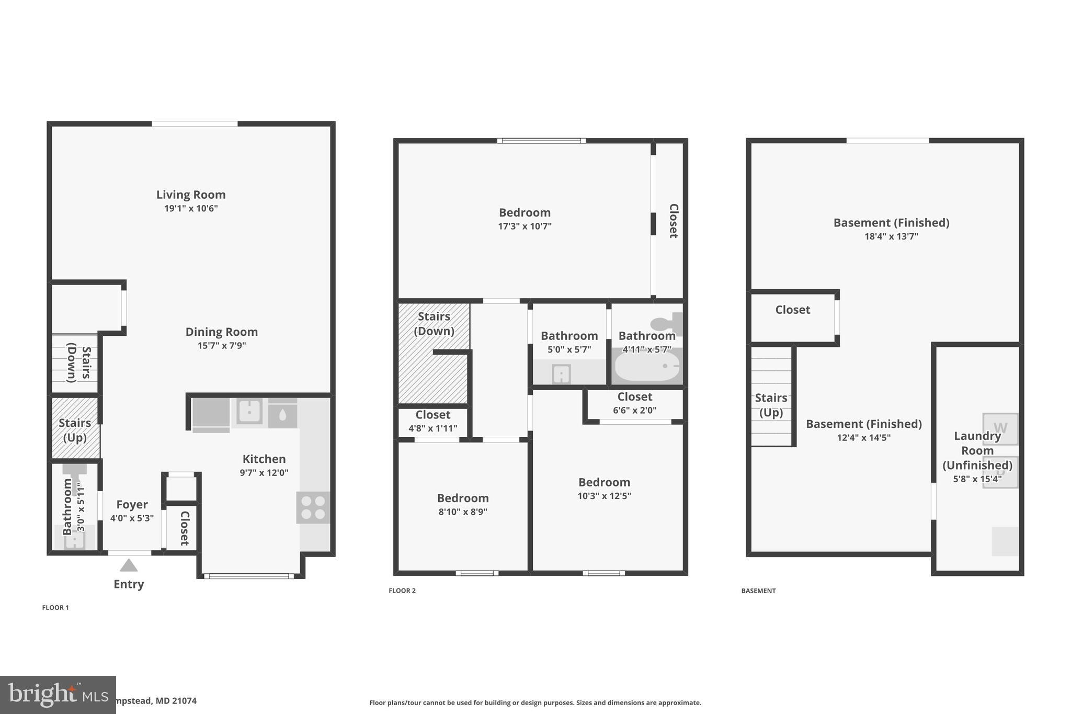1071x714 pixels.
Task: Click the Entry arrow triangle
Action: point(129,565)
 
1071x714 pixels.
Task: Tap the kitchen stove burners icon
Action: point(313,507)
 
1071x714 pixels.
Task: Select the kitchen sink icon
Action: point(249,411)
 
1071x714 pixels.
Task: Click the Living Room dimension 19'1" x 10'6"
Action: point(191,208)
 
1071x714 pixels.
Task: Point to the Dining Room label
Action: point(222,332)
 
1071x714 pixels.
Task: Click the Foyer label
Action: point(132,504)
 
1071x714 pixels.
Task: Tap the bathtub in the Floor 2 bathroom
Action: point(647,366)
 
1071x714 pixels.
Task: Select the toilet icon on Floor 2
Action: point(666,323)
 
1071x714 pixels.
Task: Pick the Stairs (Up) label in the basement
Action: point(771,405)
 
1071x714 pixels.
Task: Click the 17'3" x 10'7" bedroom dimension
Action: point(525,226)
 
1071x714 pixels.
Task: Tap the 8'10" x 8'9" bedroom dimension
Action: point(463,512)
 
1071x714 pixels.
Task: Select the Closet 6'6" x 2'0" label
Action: point(634,403)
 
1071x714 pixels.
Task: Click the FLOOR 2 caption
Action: point(402,591)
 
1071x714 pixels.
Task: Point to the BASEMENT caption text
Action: point(758,591)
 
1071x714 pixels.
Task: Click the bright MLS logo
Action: point(58,695)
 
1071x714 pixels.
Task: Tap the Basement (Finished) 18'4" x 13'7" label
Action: point(891,229)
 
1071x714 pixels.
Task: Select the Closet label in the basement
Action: point(792,310)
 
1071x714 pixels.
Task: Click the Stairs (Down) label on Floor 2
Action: point(434,323)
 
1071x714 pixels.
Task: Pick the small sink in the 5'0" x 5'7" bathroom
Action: point(561,373)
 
